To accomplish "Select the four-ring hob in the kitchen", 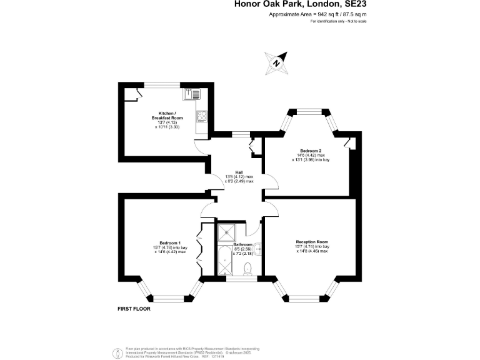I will (202, 116).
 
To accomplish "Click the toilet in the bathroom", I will (247, 268).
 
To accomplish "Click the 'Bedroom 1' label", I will (169, 242).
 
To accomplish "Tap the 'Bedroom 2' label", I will (310, 151).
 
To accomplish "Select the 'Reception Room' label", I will (312, 241).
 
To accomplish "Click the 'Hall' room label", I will (239, 172).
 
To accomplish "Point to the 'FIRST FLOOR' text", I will (134, 309).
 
